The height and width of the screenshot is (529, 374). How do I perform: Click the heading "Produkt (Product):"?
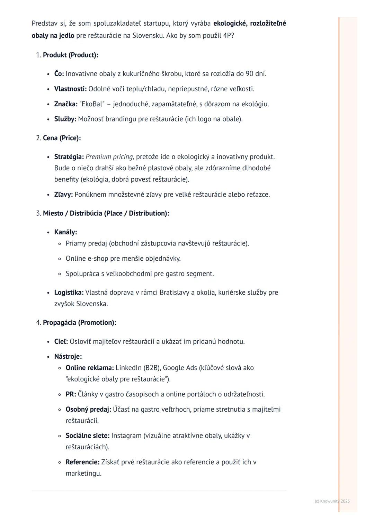70,55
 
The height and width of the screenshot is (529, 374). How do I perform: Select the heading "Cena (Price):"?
62,138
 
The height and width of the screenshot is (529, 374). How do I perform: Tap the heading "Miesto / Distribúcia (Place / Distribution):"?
106,213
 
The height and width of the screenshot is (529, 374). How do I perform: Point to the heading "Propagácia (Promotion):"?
79,323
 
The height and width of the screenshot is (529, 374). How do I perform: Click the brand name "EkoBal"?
92,104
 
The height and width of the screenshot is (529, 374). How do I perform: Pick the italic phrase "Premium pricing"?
109,157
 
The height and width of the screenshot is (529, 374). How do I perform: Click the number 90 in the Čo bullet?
249,74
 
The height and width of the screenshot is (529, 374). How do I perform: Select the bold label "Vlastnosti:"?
70,89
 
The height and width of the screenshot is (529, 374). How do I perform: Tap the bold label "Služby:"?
65,119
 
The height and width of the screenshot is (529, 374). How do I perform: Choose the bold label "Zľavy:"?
63,195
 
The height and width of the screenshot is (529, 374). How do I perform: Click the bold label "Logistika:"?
69,293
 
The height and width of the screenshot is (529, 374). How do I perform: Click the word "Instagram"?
126,436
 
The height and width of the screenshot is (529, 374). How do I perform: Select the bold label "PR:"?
71,394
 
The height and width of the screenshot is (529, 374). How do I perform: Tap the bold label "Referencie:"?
82,462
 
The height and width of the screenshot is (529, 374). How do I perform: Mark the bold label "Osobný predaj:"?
88,410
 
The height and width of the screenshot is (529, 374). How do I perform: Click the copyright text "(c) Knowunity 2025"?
332,501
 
